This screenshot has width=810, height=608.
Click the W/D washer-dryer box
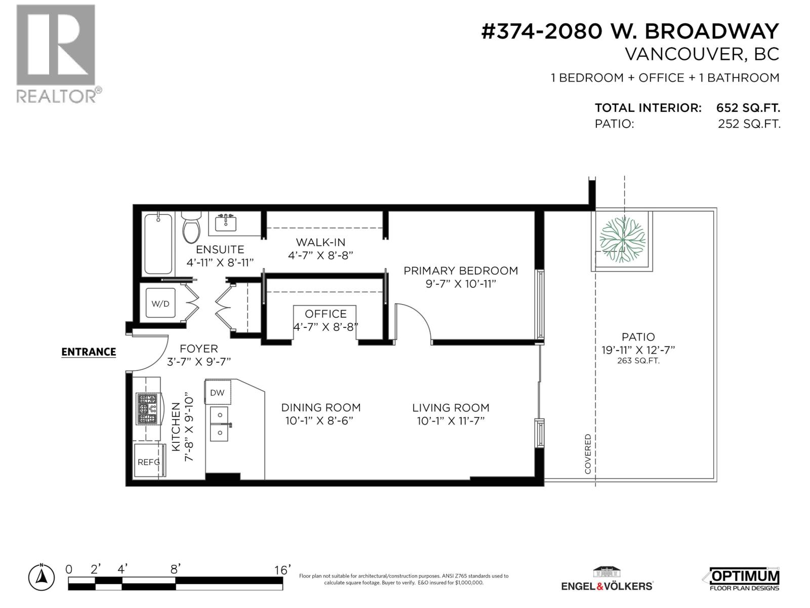(x=160, y=303)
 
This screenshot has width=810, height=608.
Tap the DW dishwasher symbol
(x=217, y=393)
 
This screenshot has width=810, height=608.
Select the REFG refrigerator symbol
(x=149, y=462)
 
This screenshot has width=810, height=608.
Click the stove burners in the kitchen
(x=148, y=409)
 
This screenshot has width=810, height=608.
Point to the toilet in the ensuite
(x=191, y=229)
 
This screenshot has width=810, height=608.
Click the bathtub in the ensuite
(x=158, y=244)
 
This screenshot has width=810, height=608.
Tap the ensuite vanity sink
(x=226, y=222)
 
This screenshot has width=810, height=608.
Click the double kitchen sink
(x=220, y=424)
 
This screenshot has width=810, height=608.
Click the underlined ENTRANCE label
(x=89, y=352)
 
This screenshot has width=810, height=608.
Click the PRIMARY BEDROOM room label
(x=461, y=271)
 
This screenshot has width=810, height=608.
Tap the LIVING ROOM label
(x=451, y=407)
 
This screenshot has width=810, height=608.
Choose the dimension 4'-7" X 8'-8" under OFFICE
(x=326, y=327)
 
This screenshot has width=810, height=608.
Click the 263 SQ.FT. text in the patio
(x=638, y=361)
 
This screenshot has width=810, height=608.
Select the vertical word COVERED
(x=588, y=453)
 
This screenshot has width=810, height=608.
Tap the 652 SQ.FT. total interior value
(x=748, y=108)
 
